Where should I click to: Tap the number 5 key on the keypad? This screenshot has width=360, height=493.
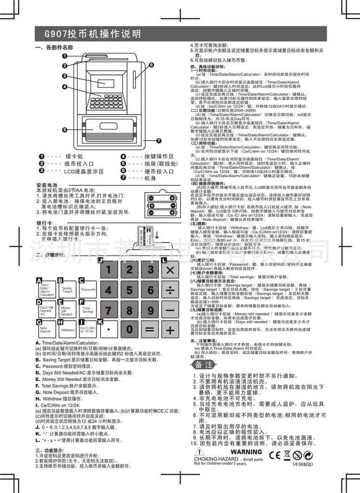coord(129,290)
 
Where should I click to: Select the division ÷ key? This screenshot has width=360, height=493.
coord(170,290)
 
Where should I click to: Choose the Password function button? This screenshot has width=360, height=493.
coord(88,290)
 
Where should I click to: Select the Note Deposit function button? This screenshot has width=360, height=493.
coord(46,330)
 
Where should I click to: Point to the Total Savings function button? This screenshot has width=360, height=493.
coord(88,310)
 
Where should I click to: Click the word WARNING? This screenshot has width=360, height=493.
coord(246,452)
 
